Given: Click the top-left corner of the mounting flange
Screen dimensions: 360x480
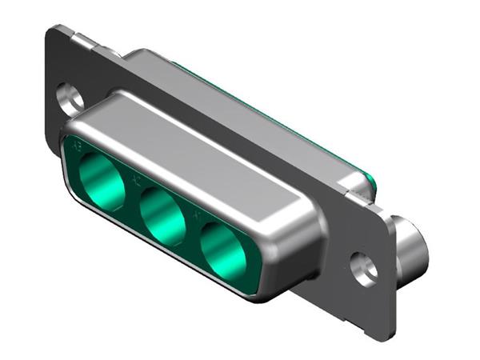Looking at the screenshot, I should (x=52, y=30).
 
